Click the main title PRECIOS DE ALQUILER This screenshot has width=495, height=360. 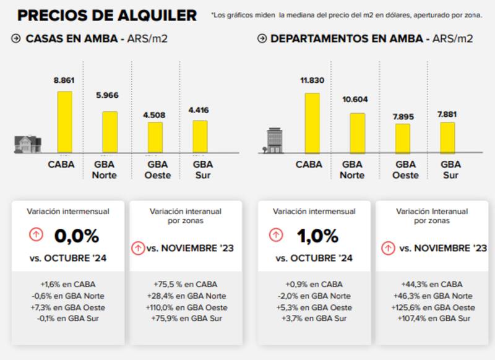107,15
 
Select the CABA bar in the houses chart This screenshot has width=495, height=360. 65,122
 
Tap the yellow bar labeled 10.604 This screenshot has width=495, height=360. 357,133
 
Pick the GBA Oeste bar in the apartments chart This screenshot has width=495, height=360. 403,139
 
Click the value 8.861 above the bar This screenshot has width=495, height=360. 65,80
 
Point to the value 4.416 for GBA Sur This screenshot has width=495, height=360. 199,110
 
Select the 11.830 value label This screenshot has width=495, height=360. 312,80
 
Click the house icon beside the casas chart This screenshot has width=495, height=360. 27,144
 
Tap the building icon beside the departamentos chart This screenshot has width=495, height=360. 274,140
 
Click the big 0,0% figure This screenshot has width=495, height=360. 76,236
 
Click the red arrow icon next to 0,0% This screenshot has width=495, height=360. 37,235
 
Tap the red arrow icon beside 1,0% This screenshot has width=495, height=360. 277,235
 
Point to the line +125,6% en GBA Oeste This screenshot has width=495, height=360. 431,307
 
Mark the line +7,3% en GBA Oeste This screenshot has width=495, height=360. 68,307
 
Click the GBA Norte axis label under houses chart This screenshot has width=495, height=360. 105,169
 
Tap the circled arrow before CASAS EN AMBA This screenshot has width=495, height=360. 16,38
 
